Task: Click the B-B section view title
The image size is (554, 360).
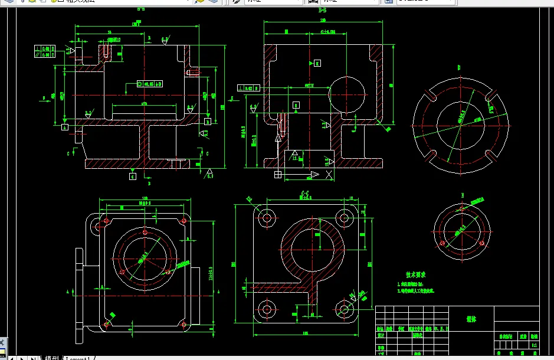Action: tap(322, 11)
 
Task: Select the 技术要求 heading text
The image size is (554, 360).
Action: tap(415, 275)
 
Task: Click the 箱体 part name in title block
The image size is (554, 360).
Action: tap(471, 318)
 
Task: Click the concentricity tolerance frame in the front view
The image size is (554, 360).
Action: tap(149, 84)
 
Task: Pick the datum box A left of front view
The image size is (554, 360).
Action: tap(65, 125)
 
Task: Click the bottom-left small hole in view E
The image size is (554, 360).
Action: tap(441, 242)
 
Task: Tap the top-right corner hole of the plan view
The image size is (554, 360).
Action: tap(183, 221)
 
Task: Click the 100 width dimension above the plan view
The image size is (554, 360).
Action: tap(145, 198)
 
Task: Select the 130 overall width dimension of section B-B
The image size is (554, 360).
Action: tap(323, 20)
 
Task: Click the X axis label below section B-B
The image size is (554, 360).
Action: tap(328, 175)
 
